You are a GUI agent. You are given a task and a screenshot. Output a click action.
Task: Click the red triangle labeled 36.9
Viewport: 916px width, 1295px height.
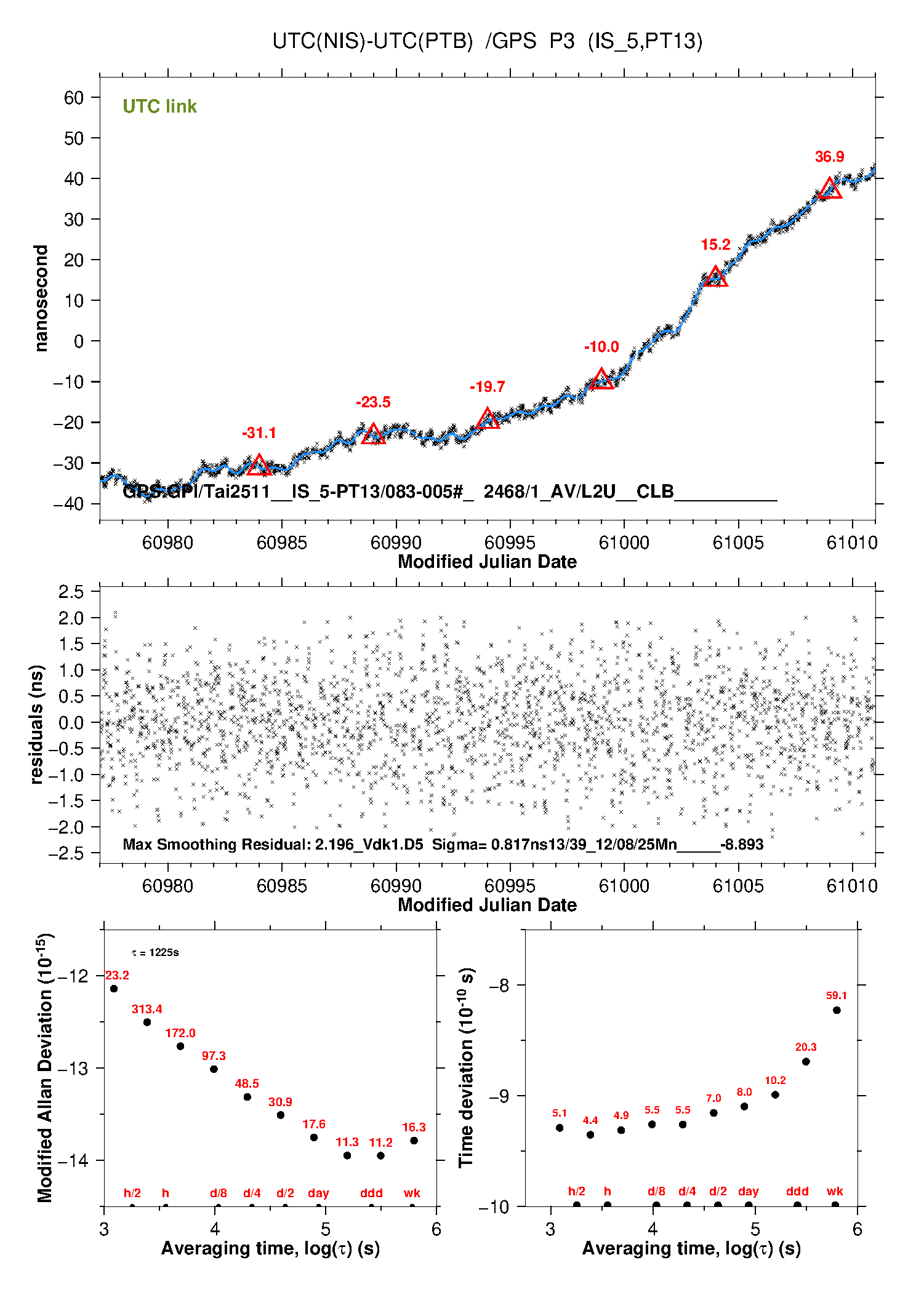(x=830, y=189)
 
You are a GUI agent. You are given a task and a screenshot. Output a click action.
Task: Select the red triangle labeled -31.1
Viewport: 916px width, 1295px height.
(x=259, y=466)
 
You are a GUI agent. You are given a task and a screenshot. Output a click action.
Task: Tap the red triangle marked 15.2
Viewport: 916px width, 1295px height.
(x=715, y=277)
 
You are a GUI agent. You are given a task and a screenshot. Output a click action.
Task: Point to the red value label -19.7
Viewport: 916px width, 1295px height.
(x=487, y=387)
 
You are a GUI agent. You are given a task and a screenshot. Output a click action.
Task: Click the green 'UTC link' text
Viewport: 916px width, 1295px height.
(x=159, y=106)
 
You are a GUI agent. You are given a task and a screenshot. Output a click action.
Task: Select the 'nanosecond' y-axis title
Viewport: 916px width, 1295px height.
(x=41, y=298)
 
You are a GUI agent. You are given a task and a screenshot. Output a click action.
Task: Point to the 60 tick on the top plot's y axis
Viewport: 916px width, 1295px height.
(x=74, y=98)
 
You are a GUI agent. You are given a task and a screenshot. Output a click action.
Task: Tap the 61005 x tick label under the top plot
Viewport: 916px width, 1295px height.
(x=738, y=543)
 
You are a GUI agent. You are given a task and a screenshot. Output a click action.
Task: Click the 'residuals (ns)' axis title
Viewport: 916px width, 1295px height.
(x=37, y=724)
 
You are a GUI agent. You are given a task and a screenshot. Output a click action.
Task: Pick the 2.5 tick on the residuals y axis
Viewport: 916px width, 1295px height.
(x=71, y=592)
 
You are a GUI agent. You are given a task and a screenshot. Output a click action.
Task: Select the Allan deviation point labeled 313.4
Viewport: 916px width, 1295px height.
(x=147, y=1022)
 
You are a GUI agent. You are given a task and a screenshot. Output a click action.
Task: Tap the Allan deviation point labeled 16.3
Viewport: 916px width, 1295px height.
(x=414, y=1141)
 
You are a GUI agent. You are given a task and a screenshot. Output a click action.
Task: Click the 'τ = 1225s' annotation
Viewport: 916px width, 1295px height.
(x=155, y=953)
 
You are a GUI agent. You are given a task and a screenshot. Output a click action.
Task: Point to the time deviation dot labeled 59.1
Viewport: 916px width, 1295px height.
(x=837, y=1010)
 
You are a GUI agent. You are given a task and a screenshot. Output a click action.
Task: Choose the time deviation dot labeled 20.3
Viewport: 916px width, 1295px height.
(x=806, y=1062)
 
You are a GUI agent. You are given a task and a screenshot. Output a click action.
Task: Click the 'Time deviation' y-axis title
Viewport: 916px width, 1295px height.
(x=467, y=1068)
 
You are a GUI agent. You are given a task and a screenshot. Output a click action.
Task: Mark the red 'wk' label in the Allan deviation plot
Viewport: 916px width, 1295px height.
(x=412, y=1193)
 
